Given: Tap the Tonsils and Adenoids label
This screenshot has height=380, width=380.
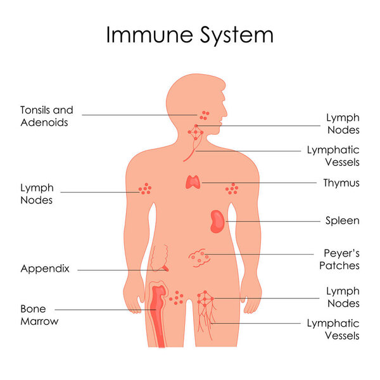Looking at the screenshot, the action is [x=46, y=117].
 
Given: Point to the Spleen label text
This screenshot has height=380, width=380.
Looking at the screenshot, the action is [x=342, y=221].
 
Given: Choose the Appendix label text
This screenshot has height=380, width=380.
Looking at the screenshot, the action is [x=44, y=269].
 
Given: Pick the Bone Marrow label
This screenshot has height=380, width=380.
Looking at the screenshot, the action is [x=39, y=315].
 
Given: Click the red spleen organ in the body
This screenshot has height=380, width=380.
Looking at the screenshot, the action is [x=217, y=221].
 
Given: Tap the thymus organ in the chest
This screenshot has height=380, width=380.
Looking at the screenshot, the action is [x=193, y=182].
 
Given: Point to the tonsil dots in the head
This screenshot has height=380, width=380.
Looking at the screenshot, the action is [x=204, y=115].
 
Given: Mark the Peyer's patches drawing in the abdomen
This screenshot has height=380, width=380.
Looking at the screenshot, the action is [x=199, y=256].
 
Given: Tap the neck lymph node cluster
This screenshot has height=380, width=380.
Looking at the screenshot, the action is [x=196, y=132].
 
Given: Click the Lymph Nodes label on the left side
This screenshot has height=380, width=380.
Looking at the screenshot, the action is [x=37, y=194].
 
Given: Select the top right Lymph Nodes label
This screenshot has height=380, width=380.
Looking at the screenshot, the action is [x=343, y=123].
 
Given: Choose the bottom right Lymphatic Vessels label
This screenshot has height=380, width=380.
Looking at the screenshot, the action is [x=333, y=329].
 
